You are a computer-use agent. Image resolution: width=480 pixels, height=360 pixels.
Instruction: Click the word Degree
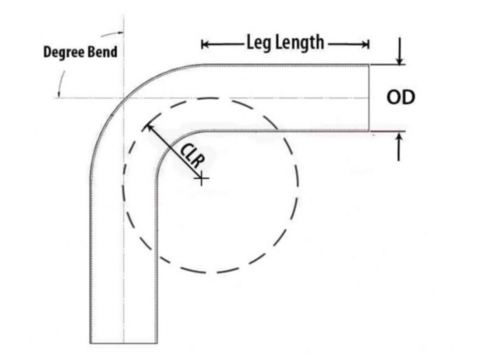pos(63,52)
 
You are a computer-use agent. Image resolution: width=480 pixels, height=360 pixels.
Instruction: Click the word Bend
pos(102,52)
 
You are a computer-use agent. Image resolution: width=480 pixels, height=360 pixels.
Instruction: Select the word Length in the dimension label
pos(300,43)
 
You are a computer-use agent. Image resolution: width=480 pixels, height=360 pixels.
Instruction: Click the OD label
pos(400,97)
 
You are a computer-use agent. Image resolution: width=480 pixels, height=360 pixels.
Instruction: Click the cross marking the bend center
pos(201,178)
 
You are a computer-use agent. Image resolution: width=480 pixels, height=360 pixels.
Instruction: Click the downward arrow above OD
pos(399,51)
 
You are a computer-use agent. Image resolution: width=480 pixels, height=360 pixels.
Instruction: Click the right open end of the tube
pos(369,97)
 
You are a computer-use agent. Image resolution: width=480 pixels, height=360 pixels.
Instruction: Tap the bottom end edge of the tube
pos(123,343)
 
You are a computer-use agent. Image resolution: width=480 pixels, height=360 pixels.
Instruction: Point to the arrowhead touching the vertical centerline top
pos(120,33)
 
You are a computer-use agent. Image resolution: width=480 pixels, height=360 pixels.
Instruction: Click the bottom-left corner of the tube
pos(90,343)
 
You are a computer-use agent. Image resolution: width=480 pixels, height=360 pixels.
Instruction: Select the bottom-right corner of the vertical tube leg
pos(157,343)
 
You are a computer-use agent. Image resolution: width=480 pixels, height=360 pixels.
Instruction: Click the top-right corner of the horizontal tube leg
pos(369,64)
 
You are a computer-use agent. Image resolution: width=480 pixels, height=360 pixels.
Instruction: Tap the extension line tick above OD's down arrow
pos(387,64)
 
